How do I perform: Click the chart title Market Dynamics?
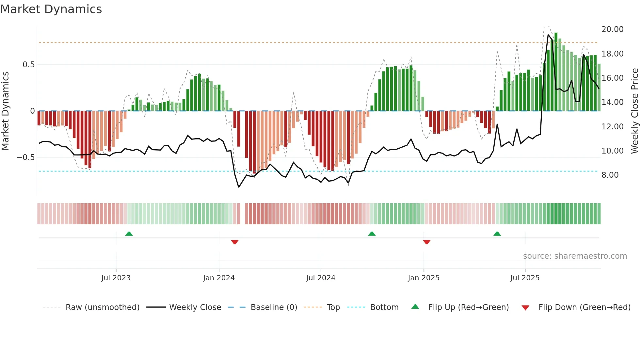51,9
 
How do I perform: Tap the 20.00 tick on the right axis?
612,29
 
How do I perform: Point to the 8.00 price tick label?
610,175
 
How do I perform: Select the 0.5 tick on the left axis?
28,65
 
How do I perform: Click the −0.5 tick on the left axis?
26,157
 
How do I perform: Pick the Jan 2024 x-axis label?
219,278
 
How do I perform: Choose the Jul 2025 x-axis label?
525,278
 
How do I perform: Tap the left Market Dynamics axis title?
6,111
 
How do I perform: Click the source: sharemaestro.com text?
575,256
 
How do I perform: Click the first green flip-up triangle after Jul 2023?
129,234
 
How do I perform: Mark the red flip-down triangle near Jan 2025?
426,242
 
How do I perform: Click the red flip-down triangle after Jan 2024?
235,242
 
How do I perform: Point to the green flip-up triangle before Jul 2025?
497,234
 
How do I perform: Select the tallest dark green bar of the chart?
556,72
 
